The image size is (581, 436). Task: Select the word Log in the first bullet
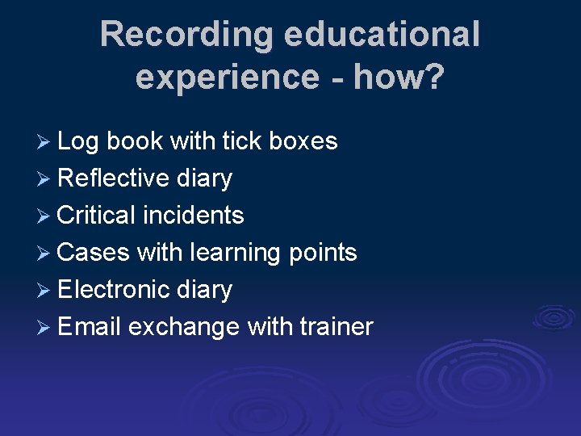tap(77, 141)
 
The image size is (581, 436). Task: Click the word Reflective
tap(114, 178)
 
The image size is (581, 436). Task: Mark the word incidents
tap(194, 216)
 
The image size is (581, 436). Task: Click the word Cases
tap(94, 253)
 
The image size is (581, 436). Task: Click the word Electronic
tap(114, 290)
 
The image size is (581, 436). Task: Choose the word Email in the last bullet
tap(89, 327)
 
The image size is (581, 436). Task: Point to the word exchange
tap(183, 327)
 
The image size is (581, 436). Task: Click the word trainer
tap(336, 327)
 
